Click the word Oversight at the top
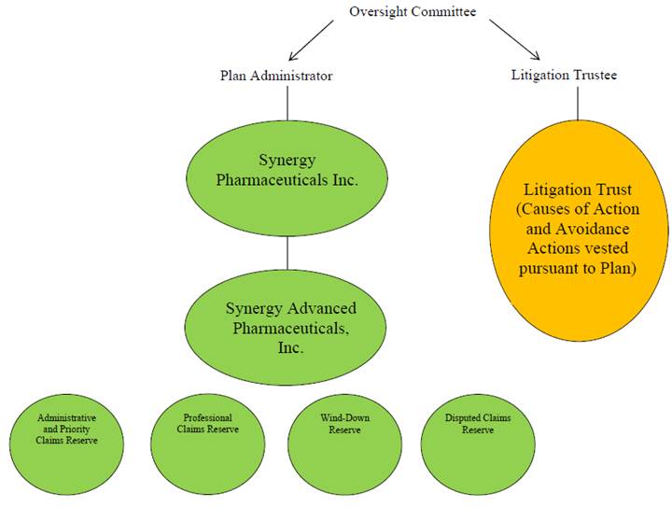click(377, 11)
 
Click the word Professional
click(207, 417)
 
